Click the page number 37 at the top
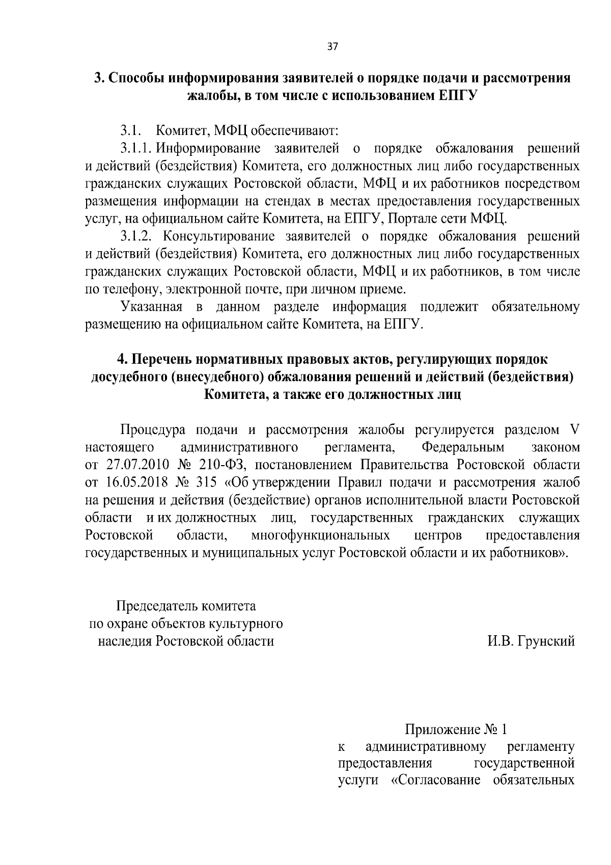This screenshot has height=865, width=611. tap(332, 46)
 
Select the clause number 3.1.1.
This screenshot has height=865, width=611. tap(137, 149)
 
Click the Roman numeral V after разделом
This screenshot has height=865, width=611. tap(574, 430)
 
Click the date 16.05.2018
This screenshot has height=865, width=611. tap(135, 482)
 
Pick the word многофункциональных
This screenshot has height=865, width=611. tap(321, 535)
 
